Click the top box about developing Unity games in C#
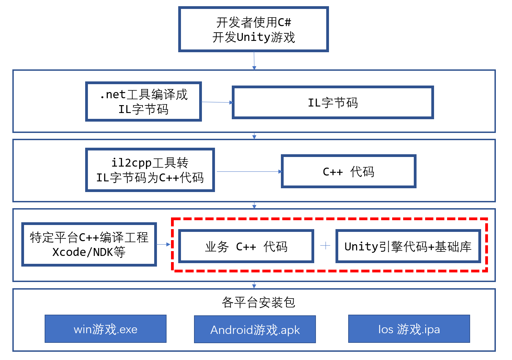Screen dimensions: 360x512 point(253,30)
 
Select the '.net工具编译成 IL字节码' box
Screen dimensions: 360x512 point(143,102)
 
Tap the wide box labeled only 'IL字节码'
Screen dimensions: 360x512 point(333,103)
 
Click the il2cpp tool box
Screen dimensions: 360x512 point(150,170)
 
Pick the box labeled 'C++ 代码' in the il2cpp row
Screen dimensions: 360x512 point(349,171)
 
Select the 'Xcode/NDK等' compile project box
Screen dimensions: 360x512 point(89,244)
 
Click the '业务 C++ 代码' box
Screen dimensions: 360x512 point(246,246)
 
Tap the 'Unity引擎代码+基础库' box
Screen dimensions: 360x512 point(408,246)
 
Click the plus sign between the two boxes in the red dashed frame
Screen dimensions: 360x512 point(325,246)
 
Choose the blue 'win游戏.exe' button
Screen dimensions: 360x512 point(105,329)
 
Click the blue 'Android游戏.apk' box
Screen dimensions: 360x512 point(255,329)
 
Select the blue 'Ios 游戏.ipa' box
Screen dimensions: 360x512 point(409,329)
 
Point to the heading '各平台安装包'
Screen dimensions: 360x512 point(258,302)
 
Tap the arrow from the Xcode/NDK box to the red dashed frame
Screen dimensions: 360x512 point(163,244)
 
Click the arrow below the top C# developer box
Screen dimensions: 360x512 point(254,61)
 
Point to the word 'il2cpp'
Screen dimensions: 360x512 point(132,162)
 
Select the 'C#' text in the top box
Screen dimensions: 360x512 point(284,23)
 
